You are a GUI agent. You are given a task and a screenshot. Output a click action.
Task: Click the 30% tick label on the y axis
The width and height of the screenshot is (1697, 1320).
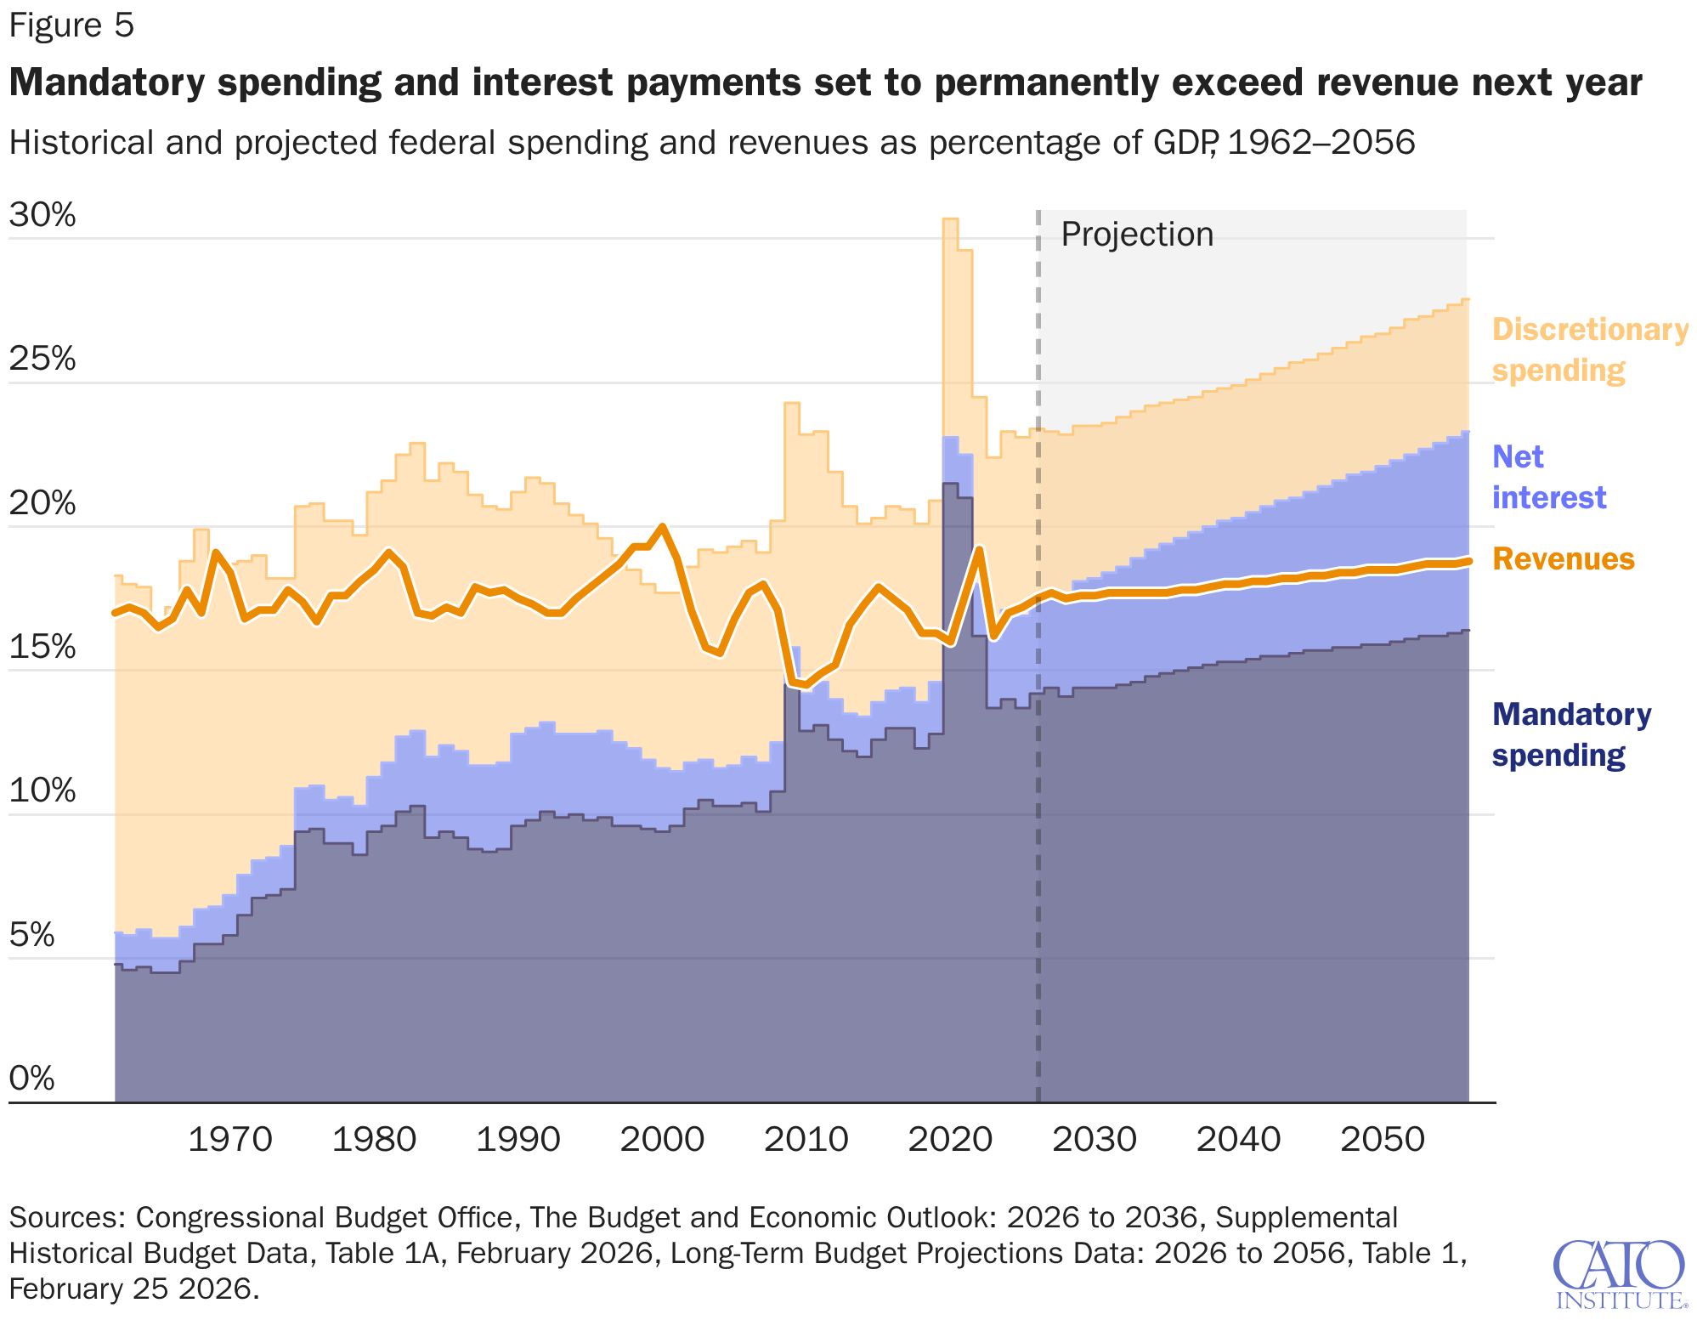(x=42, y=215)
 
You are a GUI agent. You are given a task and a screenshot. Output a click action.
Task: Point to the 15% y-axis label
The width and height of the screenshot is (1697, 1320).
(x=42, y=647)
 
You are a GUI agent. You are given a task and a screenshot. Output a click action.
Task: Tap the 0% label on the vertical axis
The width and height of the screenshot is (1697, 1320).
(x=31, y=1079)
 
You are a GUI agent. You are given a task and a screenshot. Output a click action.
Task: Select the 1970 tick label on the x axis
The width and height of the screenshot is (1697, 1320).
(x=229, y=1139)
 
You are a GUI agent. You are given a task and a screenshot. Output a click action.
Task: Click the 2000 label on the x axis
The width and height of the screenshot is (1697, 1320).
(x=662, y=1139)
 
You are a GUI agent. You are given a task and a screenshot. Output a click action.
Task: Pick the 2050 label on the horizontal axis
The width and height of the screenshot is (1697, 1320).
(x=1383, y=1139)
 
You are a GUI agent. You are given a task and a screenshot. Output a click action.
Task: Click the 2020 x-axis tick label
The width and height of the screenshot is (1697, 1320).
(x=950, y=1139)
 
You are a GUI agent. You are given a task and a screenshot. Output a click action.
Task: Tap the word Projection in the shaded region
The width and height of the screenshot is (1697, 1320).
(x=1137, y=235)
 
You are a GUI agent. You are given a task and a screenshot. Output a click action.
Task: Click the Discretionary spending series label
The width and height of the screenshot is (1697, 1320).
(x=1589, y=349)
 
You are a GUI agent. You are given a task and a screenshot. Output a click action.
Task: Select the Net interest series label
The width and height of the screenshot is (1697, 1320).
(x=1548, y=477)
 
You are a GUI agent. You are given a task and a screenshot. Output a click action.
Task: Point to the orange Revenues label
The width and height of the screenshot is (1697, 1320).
(x=1563, y=559)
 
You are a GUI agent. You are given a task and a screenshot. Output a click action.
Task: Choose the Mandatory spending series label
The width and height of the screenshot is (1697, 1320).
(x=1571, y=734)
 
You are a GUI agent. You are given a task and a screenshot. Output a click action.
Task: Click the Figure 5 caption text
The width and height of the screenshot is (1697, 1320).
(x=71, y=25)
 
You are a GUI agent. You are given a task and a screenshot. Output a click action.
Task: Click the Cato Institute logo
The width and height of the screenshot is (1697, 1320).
(x=1619, y=1273)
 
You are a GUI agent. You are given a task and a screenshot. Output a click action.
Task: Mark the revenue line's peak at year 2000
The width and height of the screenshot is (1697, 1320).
(x=662, y=527)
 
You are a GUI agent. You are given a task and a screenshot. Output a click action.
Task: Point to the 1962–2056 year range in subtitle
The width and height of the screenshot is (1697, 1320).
(x=1321, y=142)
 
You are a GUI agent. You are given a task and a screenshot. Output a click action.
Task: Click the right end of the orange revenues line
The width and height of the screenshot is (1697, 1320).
(x=1468, y=560)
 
